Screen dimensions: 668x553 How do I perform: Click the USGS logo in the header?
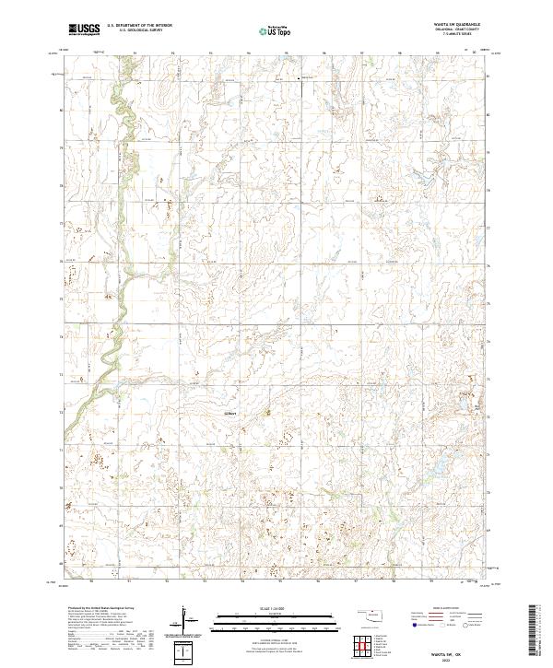[x=83, y=29]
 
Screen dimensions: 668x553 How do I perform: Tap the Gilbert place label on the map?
[x=229, y=414]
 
